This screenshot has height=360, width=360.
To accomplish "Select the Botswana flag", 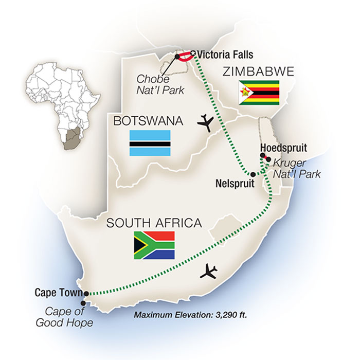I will pyautogui.click(x=150, y=143).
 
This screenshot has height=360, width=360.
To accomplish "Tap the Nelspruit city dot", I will pyautogui.click(x=253, y=174).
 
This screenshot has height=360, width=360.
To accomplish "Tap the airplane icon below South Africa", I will pyautogui.click(x=210, y=271).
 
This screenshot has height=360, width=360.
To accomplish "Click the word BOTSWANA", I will pyautogui.click(x=148, y=121).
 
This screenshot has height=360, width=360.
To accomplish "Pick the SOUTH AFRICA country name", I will pyautogui.click(x=153, y=223).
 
